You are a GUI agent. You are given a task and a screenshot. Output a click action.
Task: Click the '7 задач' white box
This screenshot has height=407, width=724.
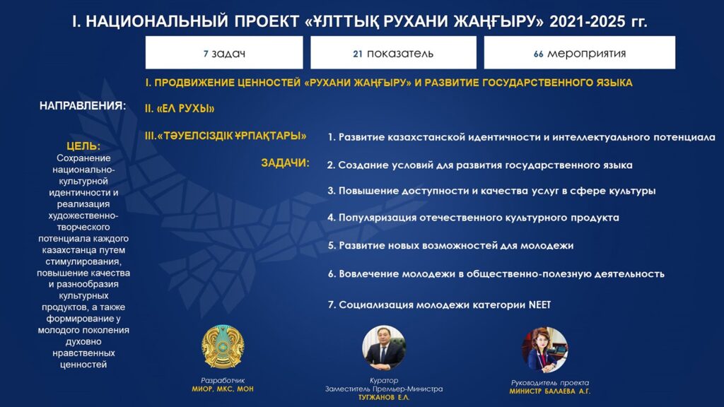click(224, 52)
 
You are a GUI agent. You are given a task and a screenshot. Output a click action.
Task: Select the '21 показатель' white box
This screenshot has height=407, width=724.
click(393, 52)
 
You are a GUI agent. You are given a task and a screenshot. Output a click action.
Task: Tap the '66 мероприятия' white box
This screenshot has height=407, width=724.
click(580, 52)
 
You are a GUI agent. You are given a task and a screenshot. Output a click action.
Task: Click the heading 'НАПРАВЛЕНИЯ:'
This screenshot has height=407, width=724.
click(83, 106)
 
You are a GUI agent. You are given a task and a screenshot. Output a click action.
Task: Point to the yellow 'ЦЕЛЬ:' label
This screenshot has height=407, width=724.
click(83, 146)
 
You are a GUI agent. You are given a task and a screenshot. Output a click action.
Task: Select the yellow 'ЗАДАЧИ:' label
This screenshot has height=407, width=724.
click(286, 163)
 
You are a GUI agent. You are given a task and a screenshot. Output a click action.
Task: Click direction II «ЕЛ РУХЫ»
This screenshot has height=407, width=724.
click(180, 108)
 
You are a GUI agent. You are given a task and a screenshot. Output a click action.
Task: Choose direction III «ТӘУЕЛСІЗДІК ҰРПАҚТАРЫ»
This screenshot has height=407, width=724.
click(226, 136)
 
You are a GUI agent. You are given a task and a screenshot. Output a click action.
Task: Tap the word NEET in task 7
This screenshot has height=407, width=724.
click(539, 305)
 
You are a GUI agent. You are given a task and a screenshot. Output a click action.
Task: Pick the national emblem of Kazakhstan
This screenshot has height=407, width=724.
click(223, 346)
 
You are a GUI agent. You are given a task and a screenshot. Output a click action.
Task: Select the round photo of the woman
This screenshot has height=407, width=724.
click(545, 350)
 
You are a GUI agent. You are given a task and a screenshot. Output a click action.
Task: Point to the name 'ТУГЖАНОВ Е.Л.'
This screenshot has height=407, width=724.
click(384, 397)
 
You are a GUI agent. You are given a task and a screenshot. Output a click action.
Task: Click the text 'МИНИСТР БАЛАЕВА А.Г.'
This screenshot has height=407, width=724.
click(549, 391)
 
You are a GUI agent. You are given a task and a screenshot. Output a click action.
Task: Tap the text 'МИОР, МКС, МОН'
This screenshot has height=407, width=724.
click(223, 389)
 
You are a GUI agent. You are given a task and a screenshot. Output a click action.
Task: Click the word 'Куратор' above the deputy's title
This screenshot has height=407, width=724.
click(384, 381)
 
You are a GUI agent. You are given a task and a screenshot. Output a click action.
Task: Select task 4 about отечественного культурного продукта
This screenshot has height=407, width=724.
click(473, 218)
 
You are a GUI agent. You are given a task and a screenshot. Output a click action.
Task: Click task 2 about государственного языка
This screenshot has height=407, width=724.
click(480, 165)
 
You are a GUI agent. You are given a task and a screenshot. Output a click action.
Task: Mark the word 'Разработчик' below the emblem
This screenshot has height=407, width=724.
click(223, 381)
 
